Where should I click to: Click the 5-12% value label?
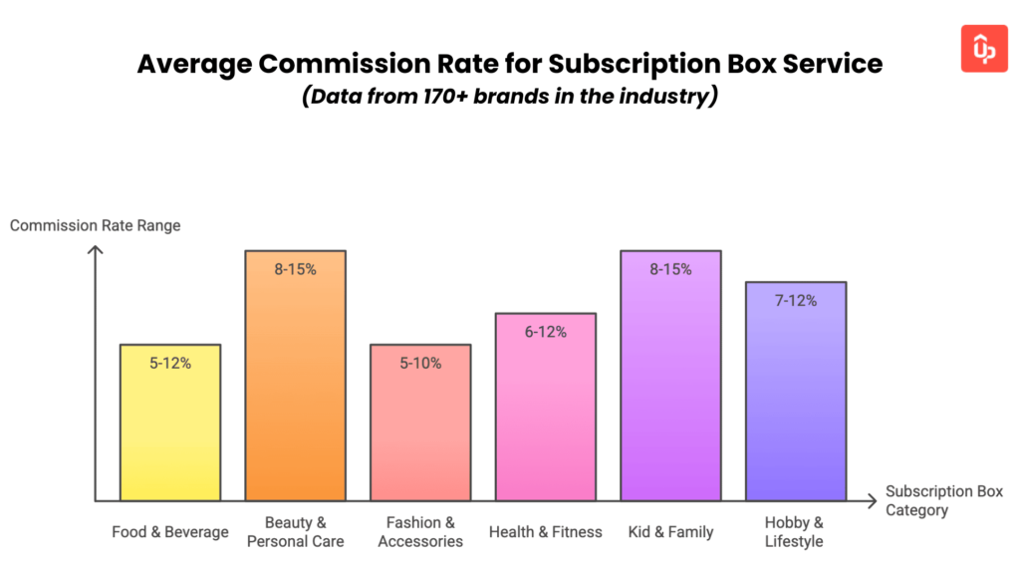[x=170, y=364]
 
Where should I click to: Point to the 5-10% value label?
[x=420, y=364]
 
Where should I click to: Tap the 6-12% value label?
[x=546, y=332]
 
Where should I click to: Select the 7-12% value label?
[x=796, y=300]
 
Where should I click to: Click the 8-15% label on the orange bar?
[x=296, y=269]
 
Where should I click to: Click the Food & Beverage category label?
[x=170, y=532]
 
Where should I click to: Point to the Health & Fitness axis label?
[x=546, y=532]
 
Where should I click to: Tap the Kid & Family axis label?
[x=670, y=532]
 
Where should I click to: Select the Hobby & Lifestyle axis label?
[x=795, y=532]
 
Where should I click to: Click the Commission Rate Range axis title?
[x=96, y=226]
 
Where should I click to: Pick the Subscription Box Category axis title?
[x=943, y=500]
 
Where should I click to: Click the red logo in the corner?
[x=984, y=49]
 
